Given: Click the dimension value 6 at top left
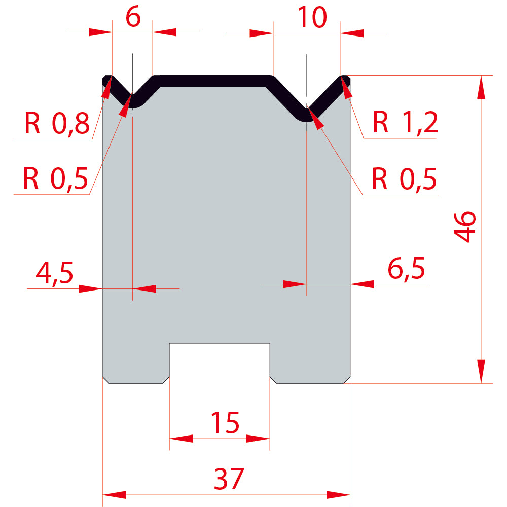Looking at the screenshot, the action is pyautogui.click(x=133, y=17).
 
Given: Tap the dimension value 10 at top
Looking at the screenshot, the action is pyautogui.click(x=312, y=17).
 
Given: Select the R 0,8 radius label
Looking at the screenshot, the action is pyautogui.click(x=57, y=123).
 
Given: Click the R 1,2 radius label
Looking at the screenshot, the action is pyautogui.click(x=406, y=122).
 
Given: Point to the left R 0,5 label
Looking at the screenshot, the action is pyautogui.click(x=56, y=178).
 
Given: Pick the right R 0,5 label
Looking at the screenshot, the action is pyautogui.click(x=404, y=179).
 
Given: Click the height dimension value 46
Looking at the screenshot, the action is pyautogui.click(x=464, y=227).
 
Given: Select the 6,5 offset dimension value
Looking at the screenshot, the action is pyautogui.click(x=406, y=269).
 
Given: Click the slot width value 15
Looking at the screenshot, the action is pyautogui.click(x=225, y=422).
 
